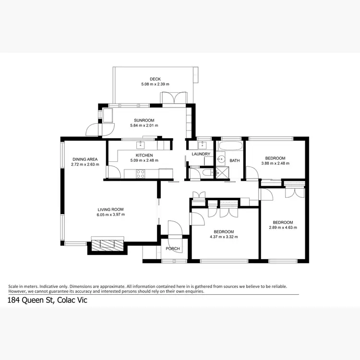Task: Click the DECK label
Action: click(x=155, y=79)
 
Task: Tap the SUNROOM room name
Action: click(x=144, y=120)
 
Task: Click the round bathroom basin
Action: click(x=221, y=159)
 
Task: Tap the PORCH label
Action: click(x=172, y=249)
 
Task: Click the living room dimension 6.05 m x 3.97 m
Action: click(x=111, y=214)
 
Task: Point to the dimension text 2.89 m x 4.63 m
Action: click(x=283, y=227)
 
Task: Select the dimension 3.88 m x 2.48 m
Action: click(x=275, y=163)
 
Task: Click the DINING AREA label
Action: click(x=85, y=159)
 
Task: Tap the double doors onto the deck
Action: click(x=173, y=98)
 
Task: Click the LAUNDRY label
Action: click(x=201, y=154)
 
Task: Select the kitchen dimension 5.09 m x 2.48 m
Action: click(x=144, y=160)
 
